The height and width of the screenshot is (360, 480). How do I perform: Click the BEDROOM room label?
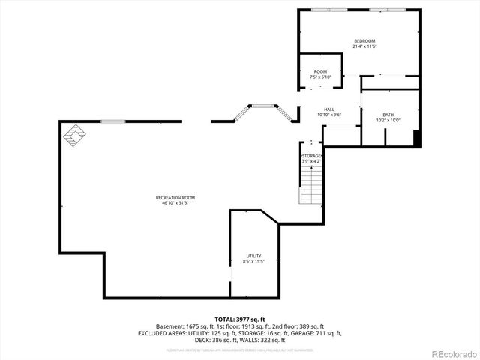[364, 40]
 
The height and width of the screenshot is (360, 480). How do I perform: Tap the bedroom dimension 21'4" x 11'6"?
[364, 46]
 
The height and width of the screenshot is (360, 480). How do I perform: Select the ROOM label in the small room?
[320, 71]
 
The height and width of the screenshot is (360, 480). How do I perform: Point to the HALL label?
[329, 109]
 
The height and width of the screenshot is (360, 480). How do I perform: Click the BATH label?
[388, 115]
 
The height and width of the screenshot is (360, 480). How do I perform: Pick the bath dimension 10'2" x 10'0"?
[388, 121]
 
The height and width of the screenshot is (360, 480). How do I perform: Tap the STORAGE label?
[311, 155]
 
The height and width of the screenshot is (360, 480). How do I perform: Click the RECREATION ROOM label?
[175, 197]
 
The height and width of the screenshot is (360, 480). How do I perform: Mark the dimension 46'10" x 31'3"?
[175, 203]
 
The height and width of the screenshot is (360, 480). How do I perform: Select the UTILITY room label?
[253, 256]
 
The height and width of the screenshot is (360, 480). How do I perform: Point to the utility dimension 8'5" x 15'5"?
[253, 262]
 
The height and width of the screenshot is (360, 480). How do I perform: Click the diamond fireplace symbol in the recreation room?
[75, 137]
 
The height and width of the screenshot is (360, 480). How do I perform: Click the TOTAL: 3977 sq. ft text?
[239, 319]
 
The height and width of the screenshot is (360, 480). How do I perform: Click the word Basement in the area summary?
[169, 326]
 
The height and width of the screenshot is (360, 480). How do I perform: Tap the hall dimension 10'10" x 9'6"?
[329, 115]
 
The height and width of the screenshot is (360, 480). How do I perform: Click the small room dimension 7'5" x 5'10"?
[320, 77]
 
